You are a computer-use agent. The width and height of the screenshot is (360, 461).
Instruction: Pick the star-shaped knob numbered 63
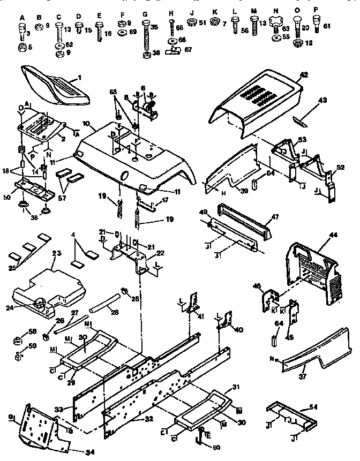click(276, 24)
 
